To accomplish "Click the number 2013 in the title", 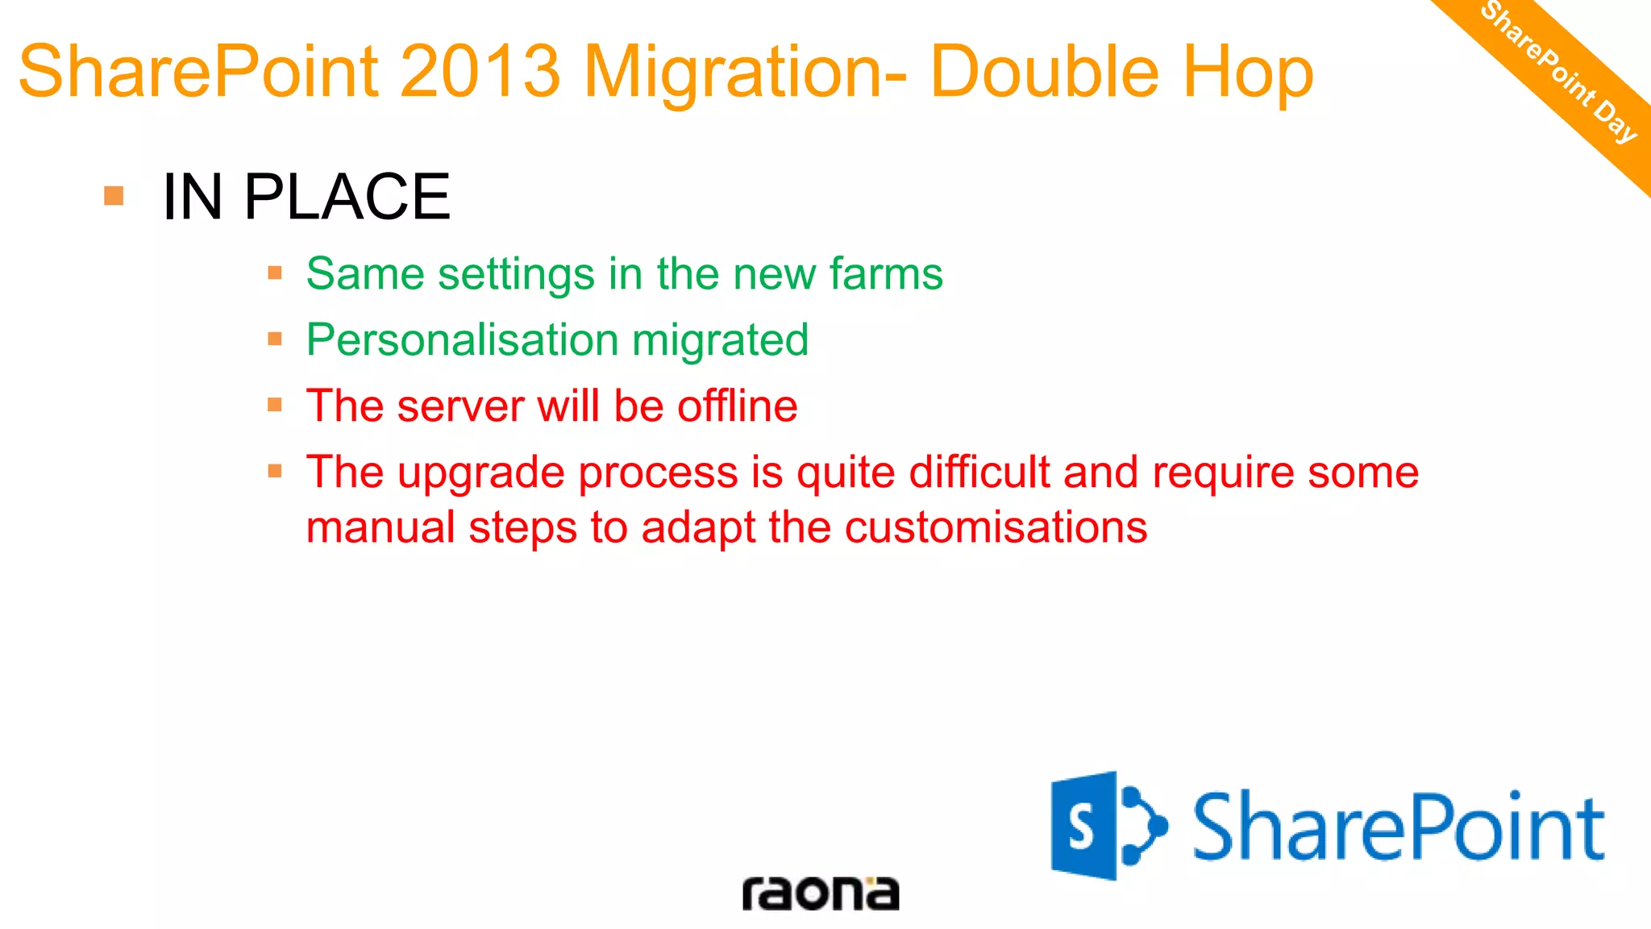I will coord(480,73).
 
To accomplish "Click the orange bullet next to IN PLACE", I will coord(114,196).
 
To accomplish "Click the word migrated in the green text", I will coord(720,340).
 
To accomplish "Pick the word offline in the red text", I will coord(737,406).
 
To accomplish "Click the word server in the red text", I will coord(460,406).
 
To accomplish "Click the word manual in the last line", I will coord(381,527).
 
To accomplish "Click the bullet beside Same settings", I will coord(275,273).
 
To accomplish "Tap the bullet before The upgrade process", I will coord(275,471).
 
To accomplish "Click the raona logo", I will coord(820,893).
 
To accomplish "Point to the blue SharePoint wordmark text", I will coord(1399,827).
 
